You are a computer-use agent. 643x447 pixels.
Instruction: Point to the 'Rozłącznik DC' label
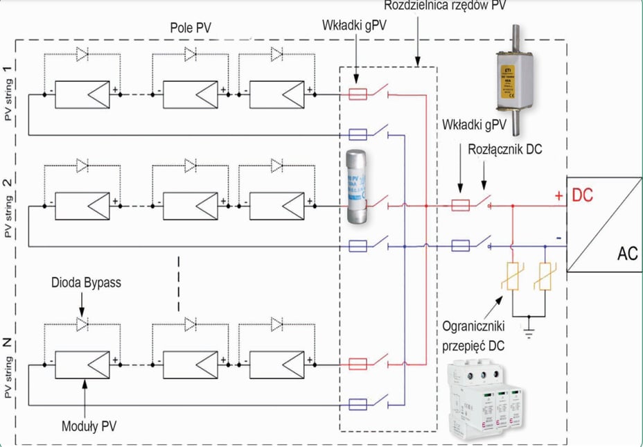coord(503,148)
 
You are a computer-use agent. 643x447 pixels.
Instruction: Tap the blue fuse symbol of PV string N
coord(358,404)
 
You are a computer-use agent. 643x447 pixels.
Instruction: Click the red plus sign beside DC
coord(558,197)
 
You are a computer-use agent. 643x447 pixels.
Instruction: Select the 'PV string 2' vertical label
coord(8,208)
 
